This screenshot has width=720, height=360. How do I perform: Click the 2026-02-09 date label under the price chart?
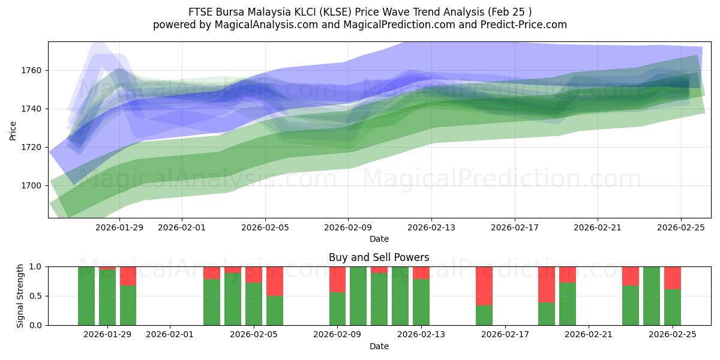[348, 227]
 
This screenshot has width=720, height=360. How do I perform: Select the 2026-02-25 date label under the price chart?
[680, 227]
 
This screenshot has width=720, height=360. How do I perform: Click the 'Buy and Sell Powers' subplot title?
[379, 257]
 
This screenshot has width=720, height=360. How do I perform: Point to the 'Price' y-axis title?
[13, 130]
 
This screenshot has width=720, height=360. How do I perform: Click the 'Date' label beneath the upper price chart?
[379, 239]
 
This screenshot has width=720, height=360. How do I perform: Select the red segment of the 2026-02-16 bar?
[484, 286]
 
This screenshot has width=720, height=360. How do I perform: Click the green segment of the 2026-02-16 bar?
[484, 316]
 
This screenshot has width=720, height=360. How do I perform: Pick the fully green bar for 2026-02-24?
[652, 296]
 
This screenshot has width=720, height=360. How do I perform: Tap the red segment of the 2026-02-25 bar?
[673, 278]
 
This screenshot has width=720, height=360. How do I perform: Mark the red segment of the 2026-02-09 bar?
[338, 279]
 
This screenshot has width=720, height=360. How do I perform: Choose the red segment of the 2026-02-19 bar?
[547, 284]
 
